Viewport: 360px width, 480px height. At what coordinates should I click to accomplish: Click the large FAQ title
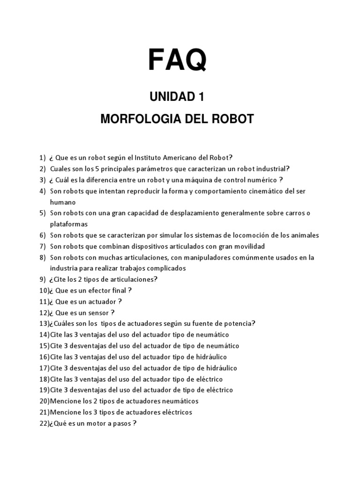177,60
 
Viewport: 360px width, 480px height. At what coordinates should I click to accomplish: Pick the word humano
63,202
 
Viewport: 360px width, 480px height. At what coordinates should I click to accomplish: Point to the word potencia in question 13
239,323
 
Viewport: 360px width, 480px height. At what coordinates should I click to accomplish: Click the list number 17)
44,368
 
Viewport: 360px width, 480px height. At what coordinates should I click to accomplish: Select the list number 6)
43,235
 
